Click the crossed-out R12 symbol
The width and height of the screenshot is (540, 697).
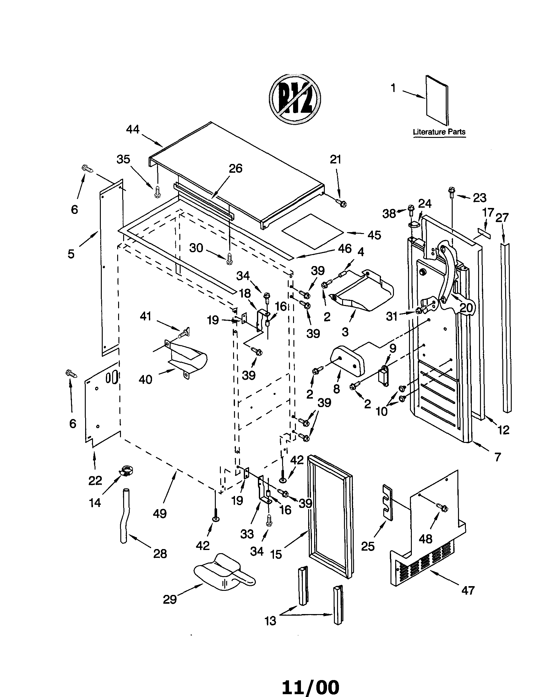click(x=295, y=99)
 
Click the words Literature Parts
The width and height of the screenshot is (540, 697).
click(x=439, y=132)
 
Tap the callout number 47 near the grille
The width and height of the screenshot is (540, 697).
click(x=468, y=591)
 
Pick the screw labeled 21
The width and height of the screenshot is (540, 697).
click(x=341, y=203)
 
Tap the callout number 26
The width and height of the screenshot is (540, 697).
click(x=236, y=168)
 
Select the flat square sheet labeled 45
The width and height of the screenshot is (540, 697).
click(x=312, y=231)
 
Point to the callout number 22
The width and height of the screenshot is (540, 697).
click(x=95, y=480)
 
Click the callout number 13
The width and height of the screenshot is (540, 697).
click(x=270, y=621)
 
